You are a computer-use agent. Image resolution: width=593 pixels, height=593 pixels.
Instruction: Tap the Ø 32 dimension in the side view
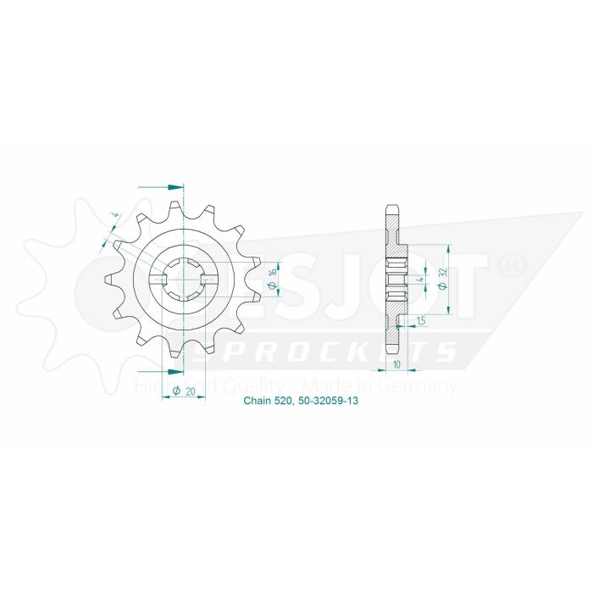point(442,279)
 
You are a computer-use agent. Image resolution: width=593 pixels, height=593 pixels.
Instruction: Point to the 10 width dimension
point(396,365)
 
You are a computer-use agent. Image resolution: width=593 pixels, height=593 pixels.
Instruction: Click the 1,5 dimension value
point(421,319)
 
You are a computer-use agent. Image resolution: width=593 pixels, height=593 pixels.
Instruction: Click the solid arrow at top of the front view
point(175,186)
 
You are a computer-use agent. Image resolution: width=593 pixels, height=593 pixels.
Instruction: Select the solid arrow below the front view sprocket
point(175,371)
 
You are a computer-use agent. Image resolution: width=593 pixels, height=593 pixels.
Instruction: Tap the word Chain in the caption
point(257,404)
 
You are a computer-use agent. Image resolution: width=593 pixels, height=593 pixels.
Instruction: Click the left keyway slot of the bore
point(158,279)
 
